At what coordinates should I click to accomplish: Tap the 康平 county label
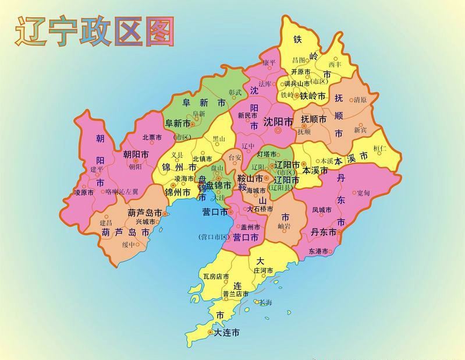click(x=268, y=62)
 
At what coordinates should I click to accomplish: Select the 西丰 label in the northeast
click(x=335, y=63)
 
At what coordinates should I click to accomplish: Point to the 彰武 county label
click(x=235, y=91)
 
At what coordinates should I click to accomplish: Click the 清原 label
click(x=360, y=100)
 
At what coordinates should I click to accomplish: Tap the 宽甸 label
click(x=363, y=192)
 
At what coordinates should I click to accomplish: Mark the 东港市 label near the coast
click(x=319, y=252)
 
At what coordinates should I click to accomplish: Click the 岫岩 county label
click(x=285, y=225)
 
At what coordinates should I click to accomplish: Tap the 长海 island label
click(x=265, y=302)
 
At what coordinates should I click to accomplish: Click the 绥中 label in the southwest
click(x=128, y=245)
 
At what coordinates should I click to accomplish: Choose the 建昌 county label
click(x=106, y=223)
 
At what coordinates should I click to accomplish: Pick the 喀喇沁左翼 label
click(x=122, y=192)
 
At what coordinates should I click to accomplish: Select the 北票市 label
click(x=152, y=138)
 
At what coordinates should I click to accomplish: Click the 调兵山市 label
click(x=293, y=83)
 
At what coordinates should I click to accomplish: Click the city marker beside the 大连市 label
click(x=211, y=333)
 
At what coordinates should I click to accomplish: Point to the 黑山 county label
click(x=218, y=139)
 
